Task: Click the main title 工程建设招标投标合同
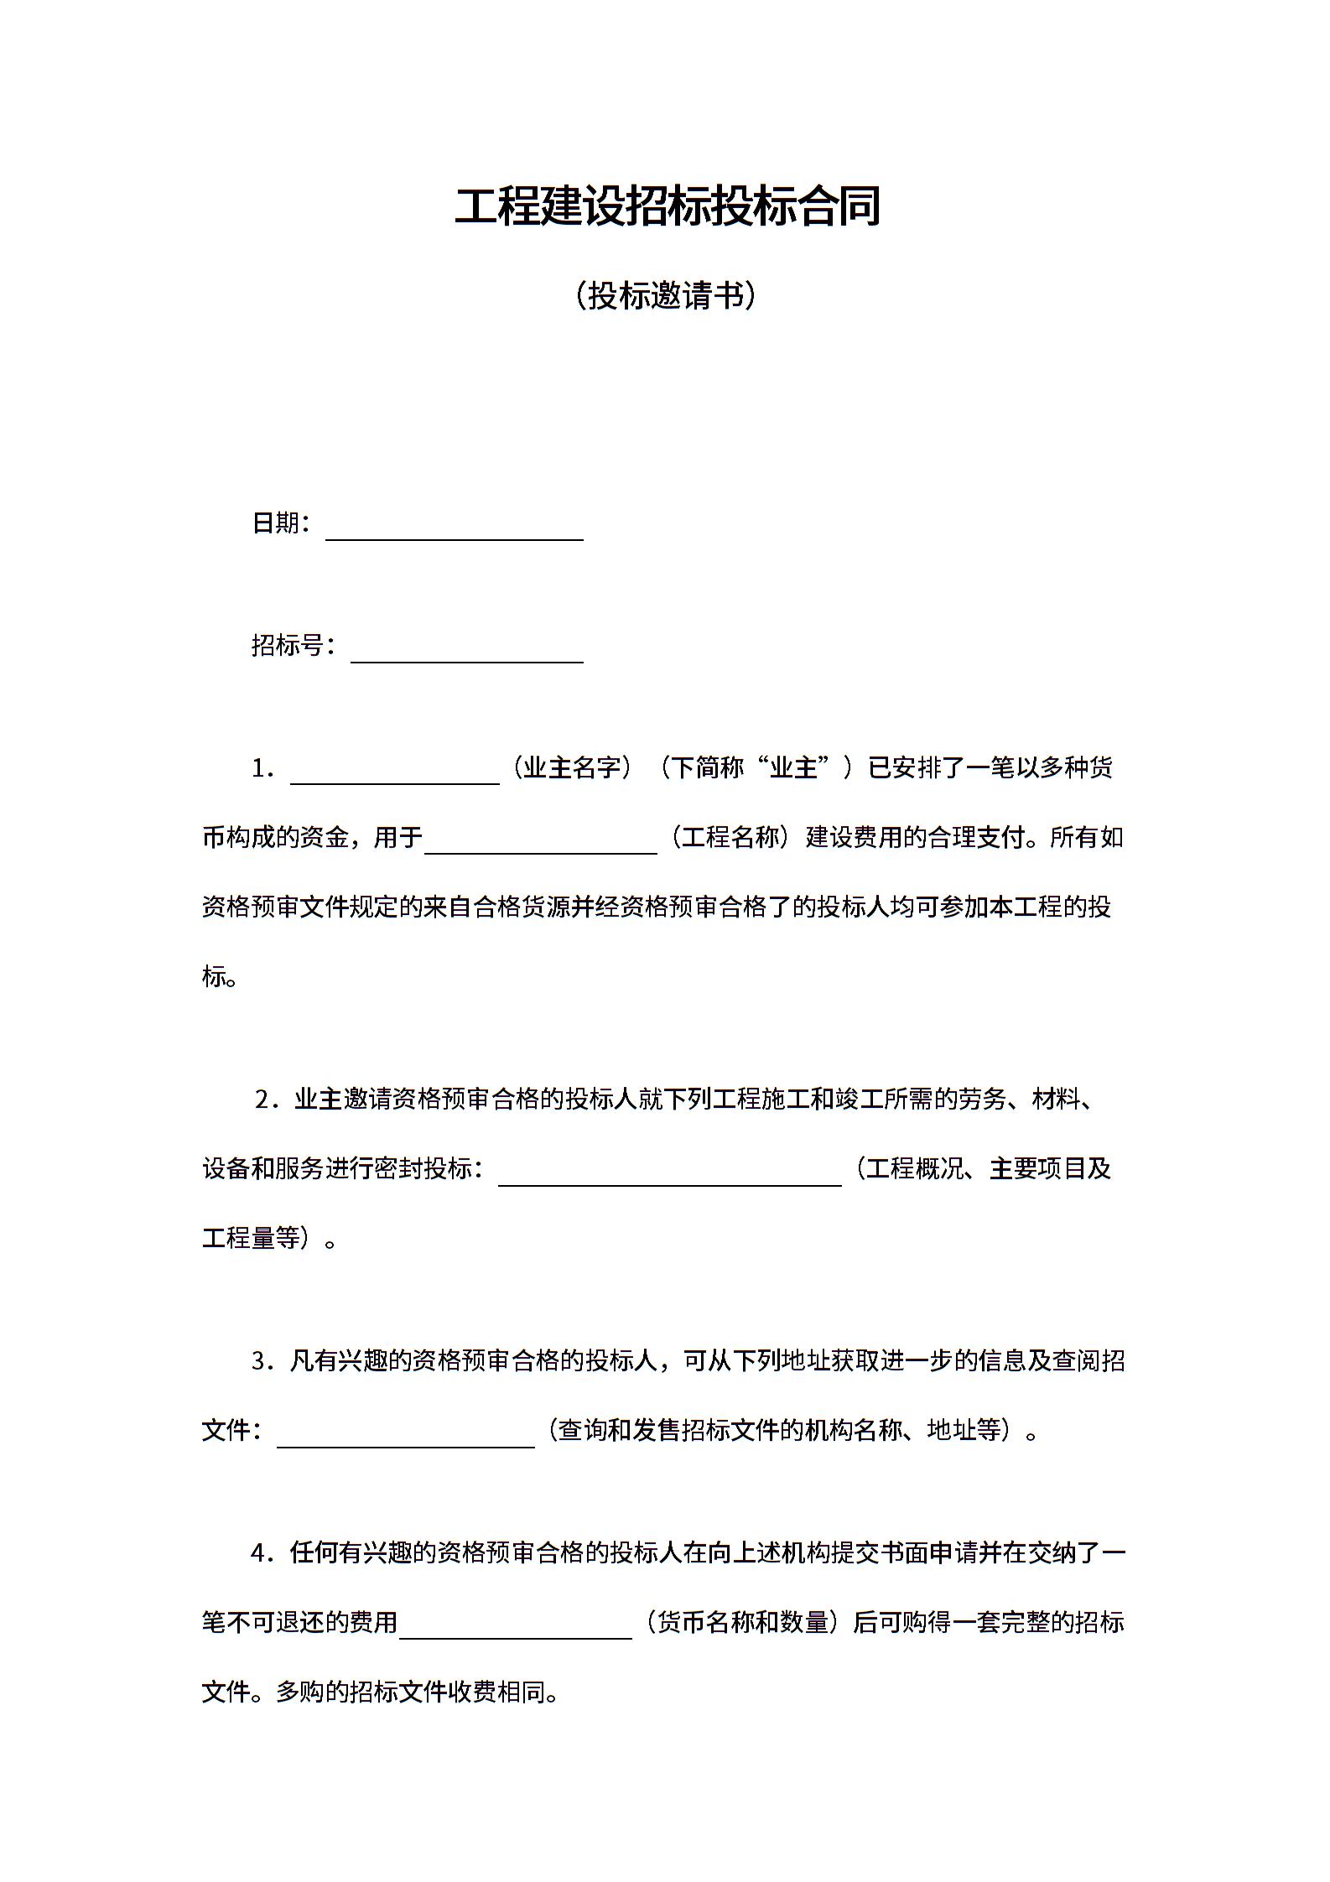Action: (x=667, y=206)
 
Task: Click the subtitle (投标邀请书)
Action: (x=667, y=296)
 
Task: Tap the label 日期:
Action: (x=281, y=523)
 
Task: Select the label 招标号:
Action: (x=294, y=645)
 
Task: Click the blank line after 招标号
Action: (x=466, y=652)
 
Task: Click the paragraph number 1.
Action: (x=262, y=768)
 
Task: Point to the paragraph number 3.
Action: (x=262, y=1360)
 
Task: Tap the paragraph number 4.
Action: (x=262, y=1552)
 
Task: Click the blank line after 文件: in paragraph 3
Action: (x=405, y=1437)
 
